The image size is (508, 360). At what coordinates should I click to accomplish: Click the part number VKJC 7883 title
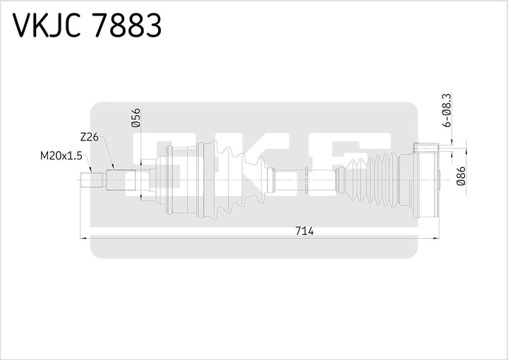click(x=87, y=26)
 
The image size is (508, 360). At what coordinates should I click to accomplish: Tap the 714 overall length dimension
click(x=304, y=231)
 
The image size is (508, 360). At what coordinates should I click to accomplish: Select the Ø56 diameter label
click(x=136, y=116)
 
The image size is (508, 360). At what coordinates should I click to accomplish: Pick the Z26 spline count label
click(x=89, y=137)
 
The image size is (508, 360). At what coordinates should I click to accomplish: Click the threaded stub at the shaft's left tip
click(x=92, y=180)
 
